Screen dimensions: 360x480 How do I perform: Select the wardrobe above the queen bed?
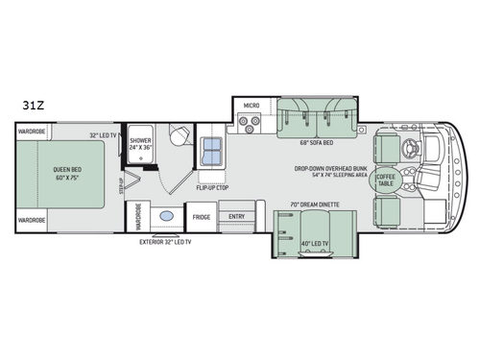point(33,132)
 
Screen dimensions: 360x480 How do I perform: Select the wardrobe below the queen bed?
point(33,220)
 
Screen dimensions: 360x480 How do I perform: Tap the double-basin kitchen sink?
point(211,151)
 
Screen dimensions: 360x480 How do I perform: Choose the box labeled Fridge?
point(202,218)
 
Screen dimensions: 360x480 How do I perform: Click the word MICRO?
point(251,105)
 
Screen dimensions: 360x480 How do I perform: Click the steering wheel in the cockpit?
point(416,148)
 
